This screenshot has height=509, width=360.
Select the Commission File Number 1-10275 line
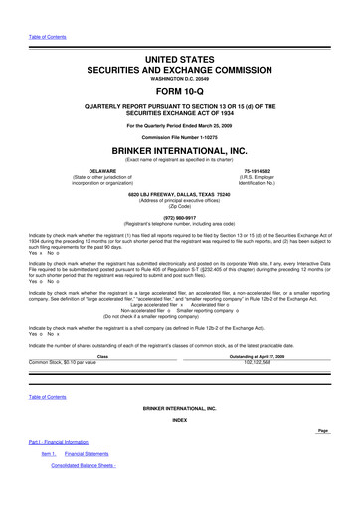click(179, 137)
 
